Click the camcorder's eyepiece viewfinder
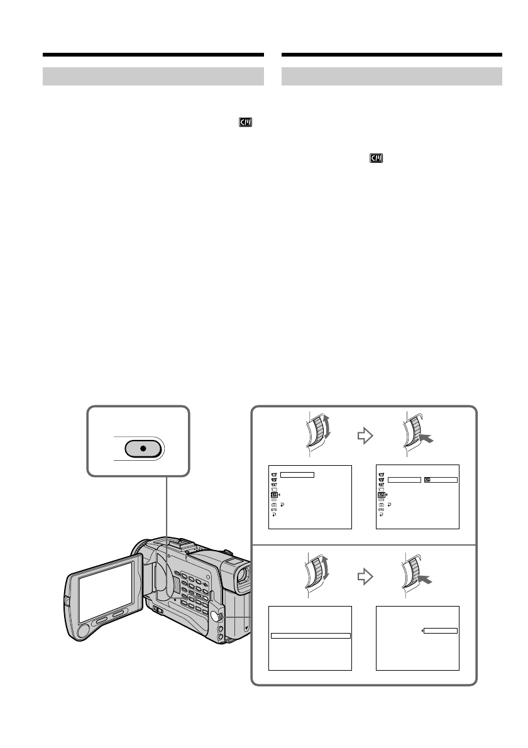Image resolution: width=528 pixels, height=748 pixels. (x=243, y=574)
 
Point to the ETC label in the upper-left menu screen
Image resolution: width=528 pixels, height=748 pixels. (x=274, y=510)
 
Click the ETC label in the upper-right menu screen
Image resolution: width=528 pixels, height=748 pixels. (x=381, y=510)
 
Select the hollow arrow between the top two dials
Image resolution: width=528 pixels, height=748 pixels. (x=364, y=437)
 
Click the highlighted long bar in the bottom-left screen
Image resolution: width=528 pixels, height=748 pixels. (x=311, y=635)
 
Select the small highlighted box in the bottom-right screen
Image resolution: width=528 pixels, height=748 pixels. (x=441, y=630)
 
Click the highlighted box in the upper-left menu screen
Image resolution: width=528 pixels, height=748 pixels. (x=297, y=475)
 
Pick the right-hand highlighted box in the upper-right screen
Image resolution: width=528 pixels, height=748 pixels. (x=441, y=480)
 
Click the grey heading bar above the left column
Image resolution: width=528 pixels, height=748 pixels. (x=153, y=76)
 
